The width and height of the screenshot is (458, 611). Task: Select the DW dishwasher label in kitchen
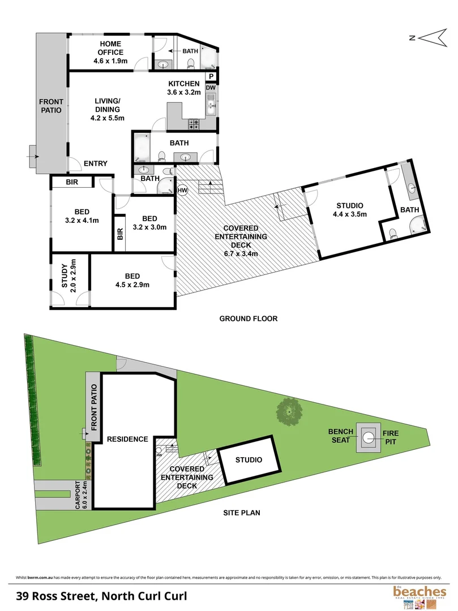pos(211,88)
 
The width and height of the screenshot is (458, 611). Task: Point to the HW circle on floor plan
pos(182,191)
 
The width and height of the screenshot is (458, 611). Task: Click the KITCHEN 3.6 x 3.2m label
pos(183,88)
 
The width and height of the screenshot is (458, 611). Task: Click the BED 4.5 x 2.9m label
pos(132,280)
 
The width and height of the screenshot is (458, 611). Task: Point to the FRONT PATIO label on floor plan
pos(51,106)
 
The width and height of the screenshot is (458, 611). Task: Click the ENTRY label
pos(96,163)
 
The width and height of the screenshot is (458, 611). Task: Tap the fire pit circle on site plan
pos(369,437)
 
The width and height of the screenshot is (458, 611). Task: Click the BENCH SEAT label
pos(341,436)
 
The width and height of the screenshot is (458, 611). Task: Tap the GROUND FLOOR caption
pos(249,319)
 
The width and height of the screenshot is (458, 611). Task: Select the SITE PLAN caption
pos(241,513)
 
